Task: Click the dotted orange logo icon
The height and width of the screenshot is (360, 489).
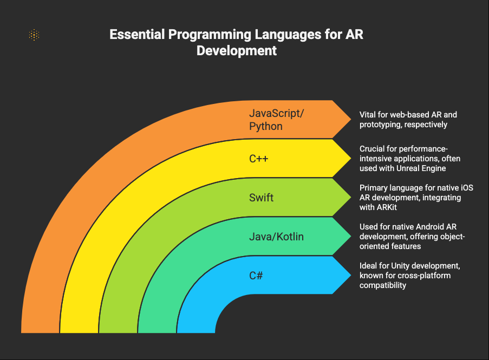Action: click(34, 35)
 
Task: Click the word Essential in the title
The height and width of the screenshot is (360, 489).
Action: click(137, 34)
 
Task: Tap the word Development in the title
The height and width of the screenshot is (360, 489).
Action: click(237, 50)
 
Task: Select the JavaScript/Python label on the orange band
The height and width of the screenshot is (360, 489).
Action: click(276, 120)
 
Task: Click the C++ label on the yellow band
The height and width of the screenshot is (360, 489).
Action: click(258, 159)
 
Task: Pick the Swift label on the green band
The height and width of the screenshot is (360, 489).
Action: click(261, 197)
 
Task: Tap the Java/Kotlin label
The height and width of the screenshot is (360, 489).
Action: click(276, 237)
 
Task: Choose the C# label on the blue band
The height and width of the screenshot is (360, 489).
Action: click(256, 276)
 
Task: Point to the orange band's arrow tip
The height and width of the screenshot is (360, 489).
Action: click(351, 119)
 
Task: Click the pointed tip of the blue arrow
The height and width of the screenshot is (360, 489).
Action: click(351, 275)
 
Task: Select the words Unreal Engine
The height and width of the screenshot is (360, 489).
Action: click(421, 168)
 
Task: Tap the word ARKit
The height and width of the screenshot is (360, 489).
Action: click(387, 207)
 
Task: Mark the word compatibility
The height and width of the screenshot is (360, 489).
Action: click(383, 285)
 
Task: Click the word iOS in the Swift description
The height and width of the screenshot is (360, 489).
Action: click(467, 188)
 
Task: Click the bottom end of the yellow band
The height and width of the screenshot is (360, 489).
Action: click(79, 332)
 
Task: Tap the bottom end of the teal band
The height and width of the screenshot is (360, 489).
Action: click(157, 332)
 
